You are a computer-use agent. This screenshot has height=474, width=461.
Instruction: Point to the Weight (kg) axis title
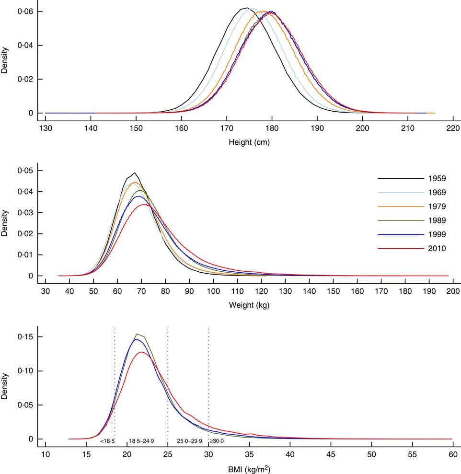[x=249, y=305]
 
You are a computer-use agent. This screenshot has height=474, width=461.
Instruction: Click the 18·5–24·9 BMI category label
[x=141, y=441]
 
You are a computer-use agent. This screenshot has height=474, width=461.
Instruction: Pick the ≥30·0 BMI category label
[x=215, y=441]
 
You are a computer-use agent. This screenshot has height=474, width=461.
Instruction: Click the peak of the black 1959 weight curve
[x=135, y=173]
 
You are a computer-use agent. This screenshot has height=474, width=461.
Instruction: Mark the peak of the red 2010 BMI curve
[x=141, y=352]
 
